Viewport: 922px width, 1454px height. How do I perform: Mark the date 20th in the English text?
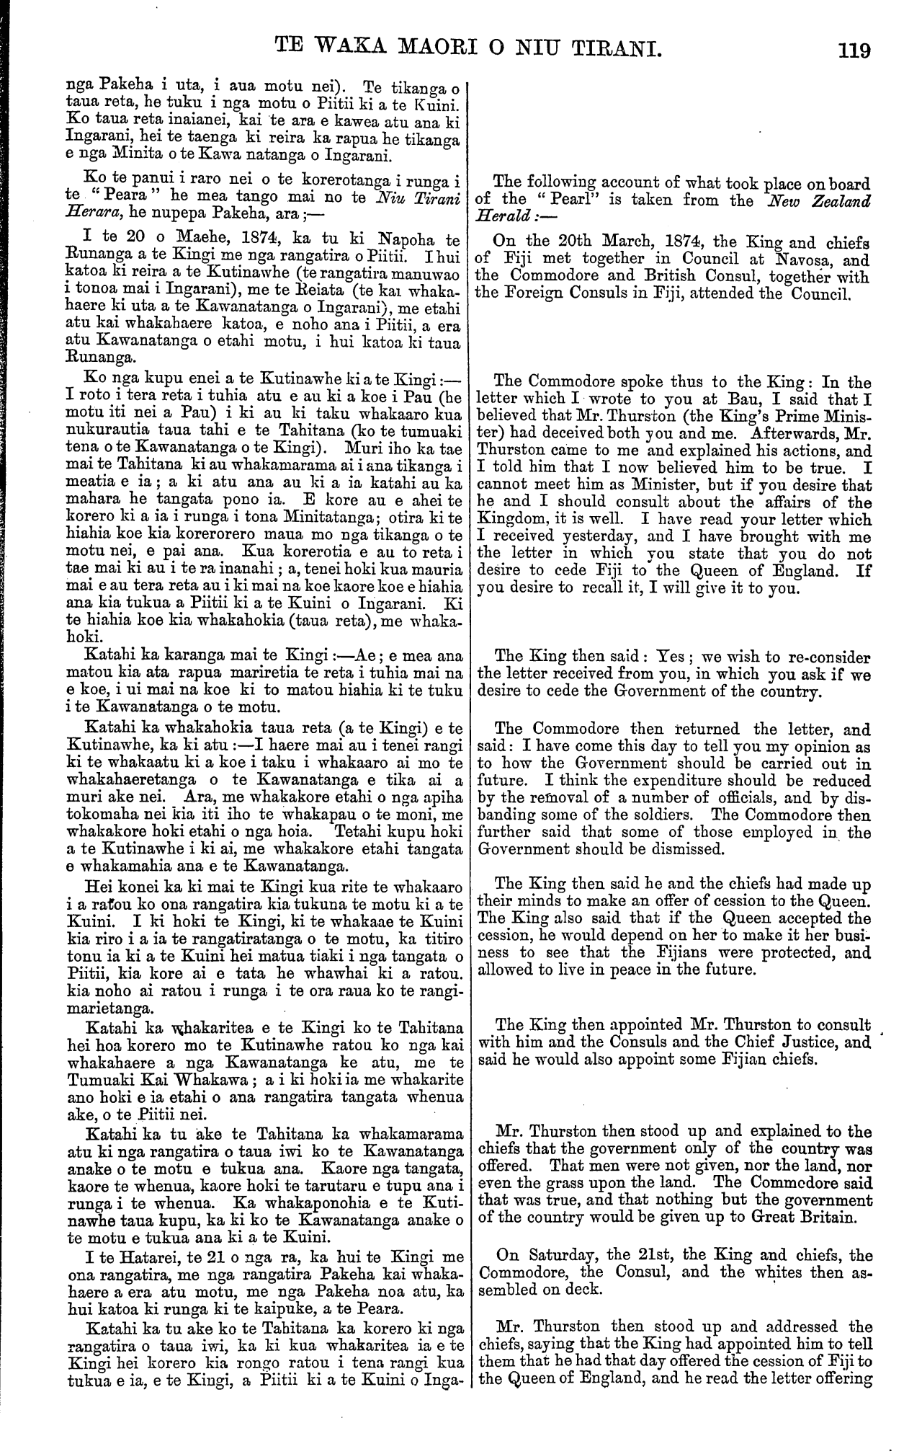coord(555,242)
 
